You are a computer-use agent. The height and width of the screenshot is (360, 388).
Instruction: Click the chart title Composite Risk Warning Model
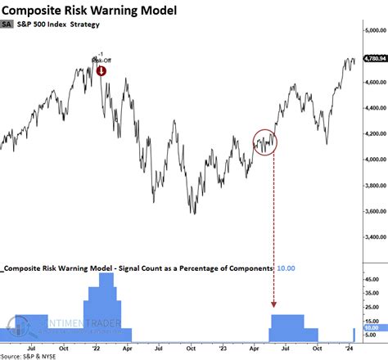pyautogui.click(x=95, y=10)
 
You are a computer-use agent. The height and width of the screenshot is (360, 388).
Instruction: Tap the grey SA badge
pyautogui.click(x=10, y=27)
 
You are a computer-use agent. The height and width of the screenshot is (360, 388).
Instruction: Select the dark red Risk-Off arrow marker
pyautogui.click(x=101, y=70)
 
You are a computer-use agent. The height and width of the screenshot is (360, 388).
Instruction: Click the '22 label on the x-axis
pyautogui.click(x=98, y=347)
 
